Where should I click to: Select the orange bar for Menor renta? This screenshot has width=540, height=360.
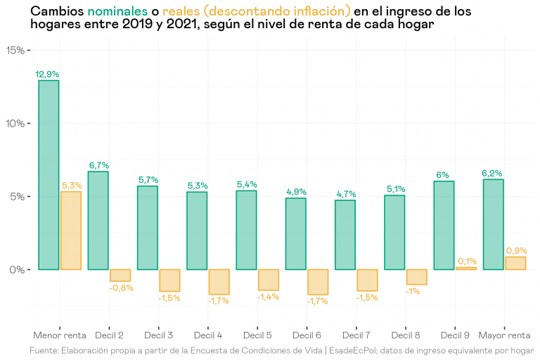(x=71, y=231)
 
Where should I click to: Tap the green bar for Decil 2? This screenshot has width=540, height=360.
(x=98, y=220)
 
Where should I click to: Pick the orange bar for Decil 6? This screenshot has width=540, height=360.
(x=318, y=282)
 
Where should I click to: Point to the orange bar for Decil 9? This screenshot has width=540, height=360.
(x=466, y=269)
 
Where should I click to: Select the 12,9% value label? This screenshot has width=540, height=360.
(x=48, y=74)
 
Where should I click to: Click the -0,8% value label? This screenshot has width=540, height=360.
(x=120, y=287)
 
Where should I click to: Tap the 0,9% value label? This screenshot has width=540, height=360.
(x=516, y=250)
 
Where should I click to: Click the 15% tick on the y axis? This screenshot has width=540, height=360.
(x=15, y=50)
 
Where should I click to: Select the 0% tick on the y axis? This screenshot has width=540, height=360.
(x=18, y=270)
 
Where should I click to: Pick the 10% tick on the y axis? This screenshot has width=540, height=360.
(x=15, y=124)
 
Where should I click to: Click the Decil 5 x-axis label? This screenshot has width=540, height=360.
(x=258, y=335)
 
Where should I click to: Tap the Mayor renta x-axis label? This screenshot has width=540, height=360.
(x=504, y=335)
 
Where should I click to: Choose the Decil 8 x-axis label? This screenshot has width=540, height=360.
(x=406, y=335)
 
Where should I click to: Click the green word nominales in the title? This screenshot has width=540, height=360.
(x=117, y=12)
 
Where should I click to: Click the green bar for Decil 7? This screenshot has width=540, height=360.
(x=345, y=234)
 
